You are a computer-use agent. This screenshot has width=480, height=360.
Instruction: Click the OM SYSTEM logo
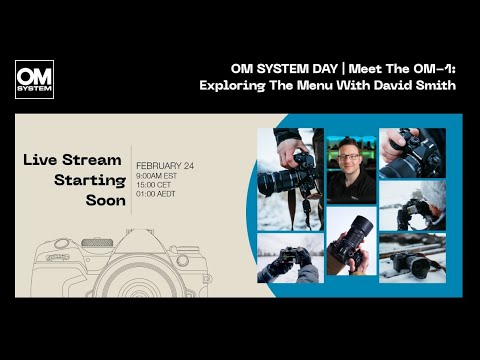[34, 80]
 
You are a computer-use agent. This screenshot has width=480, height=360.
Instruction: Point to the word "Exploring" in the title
[231, 85]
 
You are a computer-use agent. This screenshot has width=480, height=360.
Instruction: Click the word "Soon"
[106, 201]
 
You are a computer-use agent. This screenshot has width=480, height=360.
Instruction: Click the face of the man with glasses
[351, 159]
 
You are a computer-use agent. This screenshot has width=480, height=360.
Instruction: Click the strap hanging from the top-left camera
[293, 206]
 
